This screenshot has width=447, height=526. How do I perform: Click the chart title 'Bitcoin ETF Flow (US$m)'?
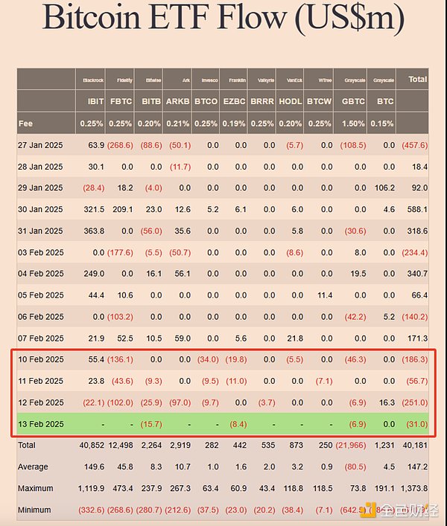[x=223, y=21]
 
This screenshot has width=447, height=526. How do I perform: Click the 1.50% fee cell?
[x=352, y=124]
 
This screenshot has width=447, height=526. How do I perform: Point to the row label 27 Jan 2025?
[x=40, y=145]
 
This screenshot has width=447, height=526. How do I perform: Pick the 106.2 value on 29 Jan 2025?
[x=384, y=188]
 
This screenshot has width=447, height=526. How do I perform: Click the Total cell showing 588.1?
[x=414, y=210]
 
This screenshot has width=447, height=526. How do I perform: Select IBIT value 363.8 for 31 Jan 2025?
[x=92, y=231]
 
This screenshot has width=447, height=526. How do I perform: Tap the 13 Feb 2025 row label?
[x=40, y=424]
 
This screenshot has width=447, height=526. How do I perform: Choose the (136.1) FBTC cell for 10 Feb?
[x=119, y=359]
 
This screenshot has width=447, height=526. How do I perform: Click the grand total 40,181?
[x=413, y=446]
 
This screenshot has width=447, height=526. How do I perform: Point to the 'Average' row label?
[x=33, y=467]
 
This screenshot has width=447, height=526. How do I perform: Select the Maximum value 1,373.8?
[x=412, y=489]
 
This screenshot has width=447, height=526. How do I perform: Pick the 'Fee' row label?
[x=26, y=124]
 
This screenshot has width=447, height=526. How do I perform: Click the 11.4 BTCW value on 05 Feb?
[x=324, y=295]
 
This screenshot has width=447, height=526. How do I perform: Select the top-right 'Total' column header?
[x=417, y=79]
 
